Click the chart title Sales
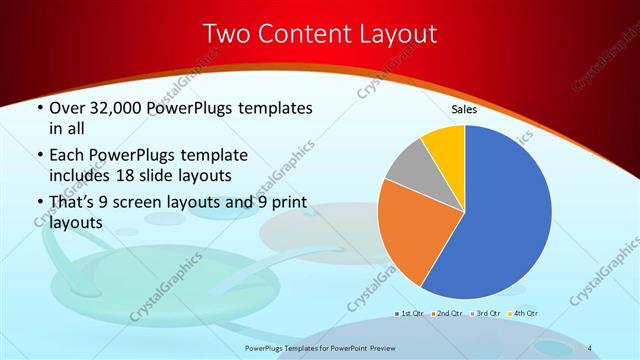pos(464,109)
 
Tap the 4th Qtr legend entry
pos(521,313)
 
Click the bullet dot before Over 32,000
pos(39,106)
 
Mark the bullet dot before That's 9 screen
pos(39,206)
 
